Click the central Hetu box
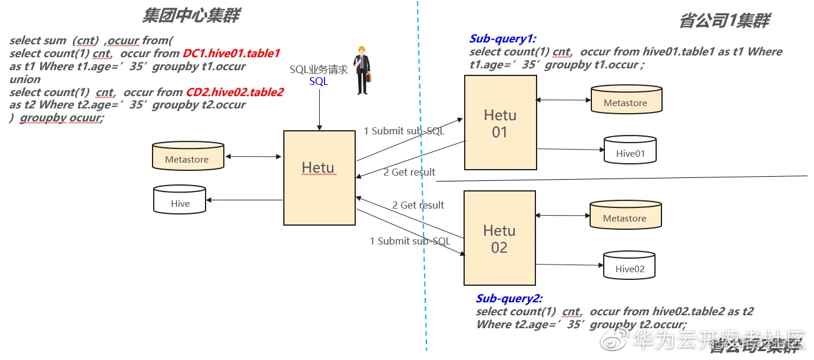click(x=319, y=177)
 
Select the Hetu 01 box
click(x=500, y=123)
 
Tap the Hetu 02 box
click(x=499, y=237)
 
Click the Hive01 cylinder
click(x=630, y=150)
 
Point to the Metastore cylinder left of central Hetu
click(x=187, y=156)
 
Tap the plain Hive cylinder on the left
click(x=180, y=200)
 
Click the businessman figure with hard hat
click(x=362, y=71)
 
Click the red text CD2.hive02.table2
click(x=234, y=93)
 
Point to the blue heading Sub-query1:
click(x=501, y=39)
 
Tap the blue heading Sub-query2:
click(x=509, y=299)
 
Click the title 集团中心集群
click(x=191, y=16)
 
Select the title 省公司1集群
click(x=724, y=21)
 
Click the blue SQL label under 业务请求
click(x=319, y=81)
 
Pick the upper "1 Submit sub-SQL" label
click(x=404, y=131)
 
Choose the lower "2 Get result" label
click(x=418, y=205)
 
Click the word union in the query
click(x=25, y=80)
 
